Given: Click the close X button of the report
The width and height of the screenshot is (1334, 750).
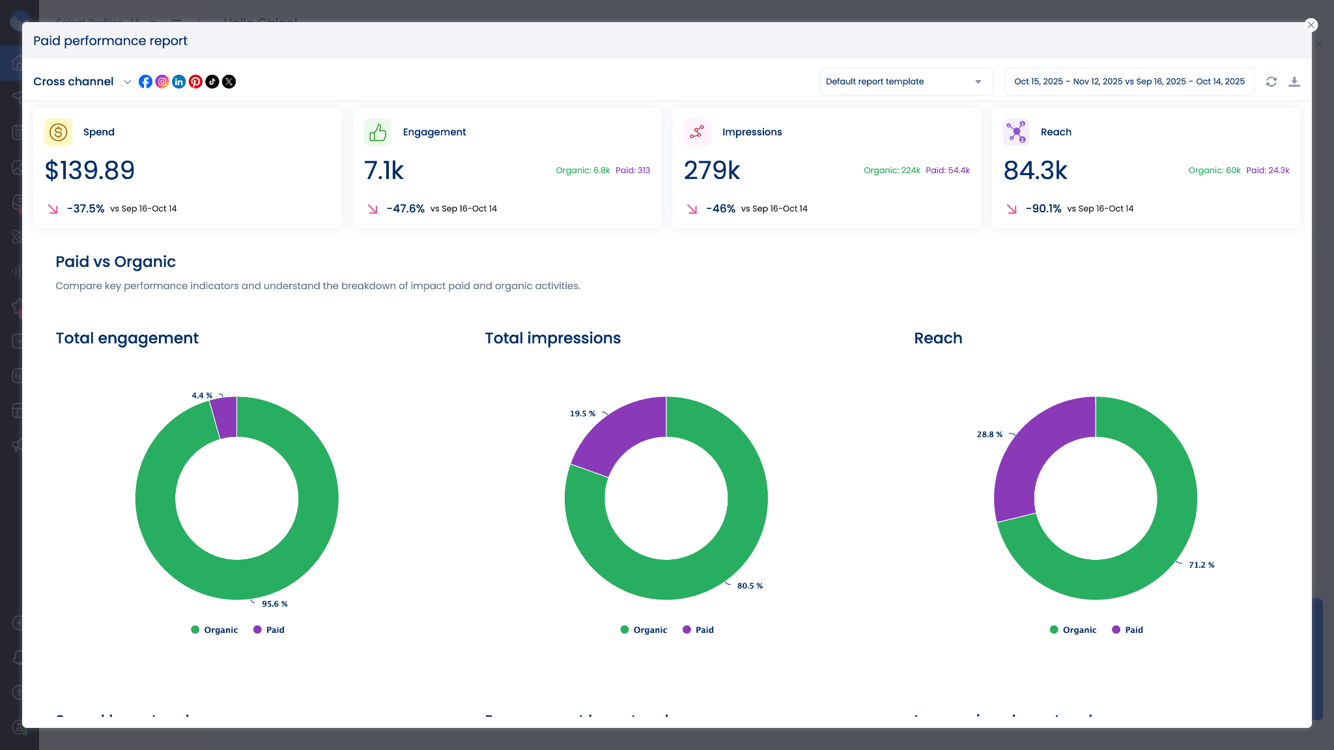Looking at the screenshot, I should coord(1311,25).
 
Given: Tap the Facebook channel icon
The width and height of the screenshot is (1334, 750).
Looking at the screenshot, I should coord(145,81).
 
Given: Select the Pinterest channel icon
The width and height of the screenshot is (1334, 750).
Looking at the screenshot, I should coord(195,81).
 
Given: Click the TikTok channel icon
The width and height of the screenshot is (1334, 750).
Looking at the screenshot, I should coord(212,81).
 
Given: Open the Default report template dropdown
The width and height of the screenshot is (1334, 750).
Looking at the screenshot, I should coord(905,81).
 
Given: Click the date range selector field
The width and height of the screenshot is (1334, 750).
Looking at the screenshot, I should coord(1129,81).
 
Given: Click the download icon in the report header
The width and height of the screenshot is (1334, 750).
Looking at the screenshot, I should coord(1294,81).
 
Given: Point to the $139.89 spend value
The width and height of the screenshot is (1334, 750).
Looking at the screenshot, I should coord(90,171).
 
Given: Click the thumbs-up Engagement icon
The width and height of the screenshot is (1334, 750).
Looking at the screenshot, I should coord(378,132).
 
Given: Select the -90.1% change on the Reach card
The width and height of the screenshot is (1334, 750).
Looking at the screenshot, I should coord(1043,208).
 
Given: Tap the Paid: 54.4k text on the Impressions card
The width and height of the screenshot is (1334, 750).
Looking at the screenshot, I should coord(948,171).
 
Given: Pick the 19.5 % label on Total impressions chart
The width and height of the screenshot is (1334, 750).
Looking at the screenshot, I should coord(582,413).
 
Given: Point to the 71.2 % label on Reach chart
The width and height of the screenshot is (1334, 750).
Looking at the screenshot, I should coord(1201,565).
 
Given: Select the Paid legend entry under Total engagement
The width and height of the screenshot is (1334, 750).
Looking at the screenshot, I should coord(269,630).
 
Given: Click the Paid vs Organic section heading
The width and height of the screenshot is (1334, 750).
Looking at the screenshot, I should coord(115,262).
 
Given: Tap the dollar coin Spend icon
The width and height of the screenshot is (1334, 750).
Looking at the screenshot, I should coord(58,132).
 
